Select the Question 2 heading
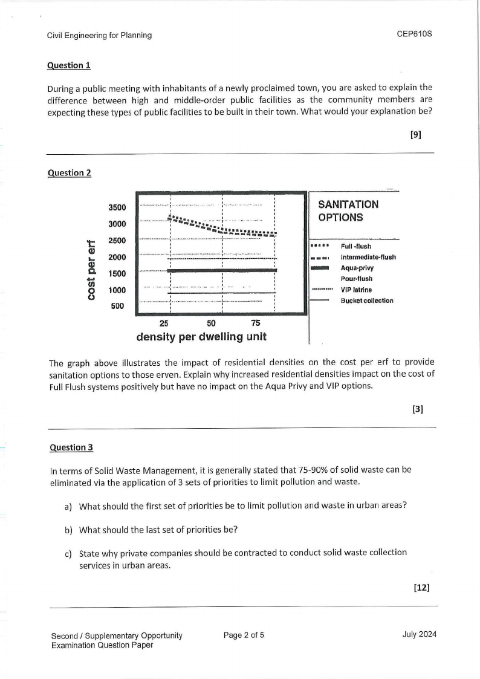[x=69, y=173]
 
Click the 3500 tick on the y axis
[x=117, y=207]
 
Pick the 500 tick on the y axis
[x=117, y=306]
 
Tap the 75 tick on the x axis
[x=256, y=323]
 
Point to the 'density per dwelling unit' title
[x=201, y=336]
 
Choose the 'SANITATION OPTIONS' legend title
[x=348, y=211]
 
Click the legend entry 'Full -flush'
[x=356, y=246]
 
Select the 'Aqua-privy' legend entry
[x=357, y=268]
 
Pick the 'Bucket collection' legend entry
[x=367, y=301]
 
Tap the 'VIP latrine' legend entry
[x=357, y=290]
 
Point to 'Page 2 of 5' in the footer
[x=244, y=635]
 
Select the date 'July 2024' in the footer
[x=419, y=634]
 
